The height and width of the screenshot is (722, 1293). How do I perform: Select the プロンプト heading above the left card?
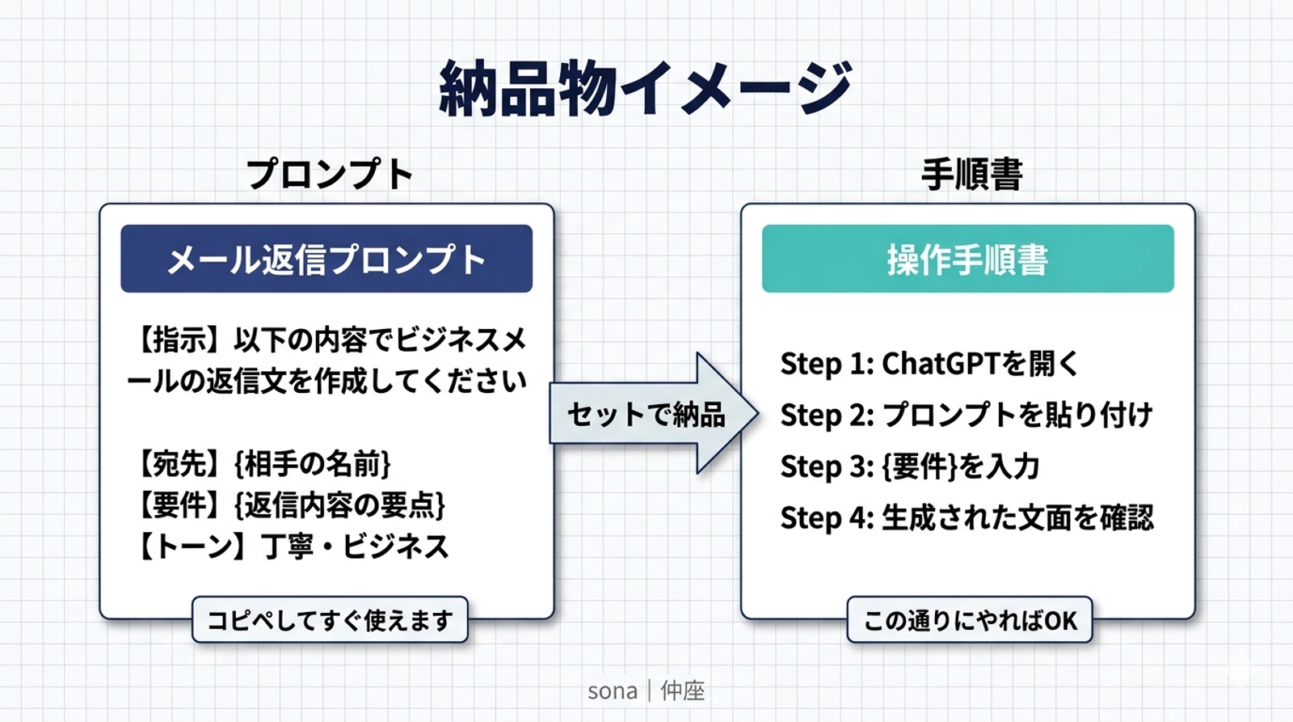pyautogui.click(x=329, y=174)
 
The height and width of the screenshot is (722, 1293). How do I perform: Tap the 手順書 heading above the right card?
pyautogui.click(x=971, y=174)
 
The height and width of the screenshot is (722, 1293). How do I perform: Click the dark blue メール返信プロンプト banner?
pyautogui.click(x=326, y=260)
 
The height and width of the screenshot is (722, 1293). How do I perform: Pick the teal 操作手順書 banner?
pyautogui.click(x=967, y=260)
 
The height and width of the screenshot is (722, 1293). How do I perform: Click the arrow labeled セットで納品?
pyautogui.click(x=646, y=414)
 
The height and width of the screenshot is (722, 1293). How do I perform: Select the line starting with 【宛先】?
pyautogui.click(x=263, y=464)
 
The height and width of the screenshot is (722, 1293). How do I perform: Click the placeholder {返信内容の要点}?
pyautogui.click(x=339, y=505)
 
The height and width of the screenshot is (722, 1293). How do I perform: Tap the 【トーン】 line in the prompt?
pyautogui.click(x=291, y=547)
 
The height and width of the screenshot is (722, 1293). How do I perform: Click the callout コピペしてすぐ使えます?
pyautogui.click(x=330, y=620)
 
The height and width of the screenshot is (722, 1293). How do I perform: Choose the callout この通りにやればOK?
pyautogui.click(x=970, y=620)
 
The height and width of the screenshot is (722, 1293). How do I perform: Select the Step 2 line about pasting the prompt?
pyautogui.click(x=966, y=415)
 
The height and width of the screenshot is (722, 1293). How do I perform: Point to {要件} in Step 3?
pyautogui.click(x=920, y=467)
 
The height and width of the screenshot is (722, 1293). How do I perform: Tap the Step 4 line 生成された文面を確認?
pyautogui.click(x=967, y=517)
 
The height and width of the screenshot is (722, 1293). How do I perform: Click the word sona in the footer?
pyautogui.click(x=612, y=690)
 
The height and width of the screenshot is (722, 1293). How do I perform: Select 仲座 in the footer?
pyautogui.click(x=683, y=690)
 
